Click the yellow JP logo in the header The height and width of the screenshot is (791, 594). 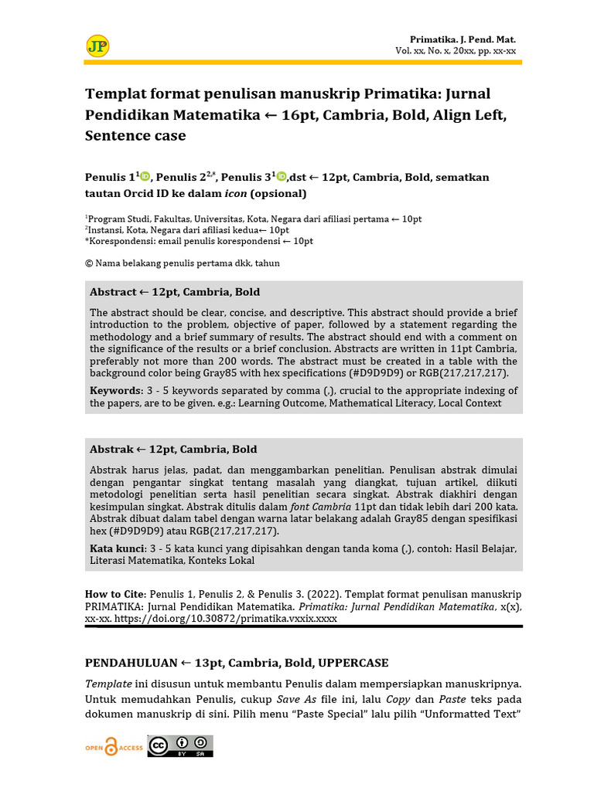(x=97, y=46)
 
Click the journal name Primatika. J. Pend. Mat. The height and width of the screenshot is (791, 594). (x=463, y=39)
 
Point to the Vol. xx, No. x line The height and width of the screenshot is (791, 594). (x=456, y=51)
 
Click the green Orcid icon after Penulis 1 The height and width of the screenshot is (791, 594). (x=145, y=176)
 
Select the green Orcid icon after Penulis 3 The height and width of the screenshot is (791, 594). (x=282, y=176)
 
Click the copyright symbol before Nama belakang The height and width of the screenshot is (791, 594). (x=89, y=263)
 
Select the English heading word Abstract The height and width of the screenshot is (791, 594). (x=113, y=292)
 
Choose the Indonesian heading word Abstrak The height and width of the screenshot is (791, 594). (x=111, y=450)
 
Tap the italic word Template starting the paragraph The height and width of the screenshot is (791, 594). (x=109, y=684)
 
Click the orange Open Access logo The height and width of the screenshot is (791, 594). (x=114, y=747)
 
